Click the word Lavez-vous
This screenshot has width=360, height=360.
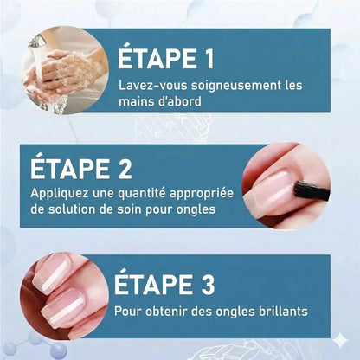[148, 87]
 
